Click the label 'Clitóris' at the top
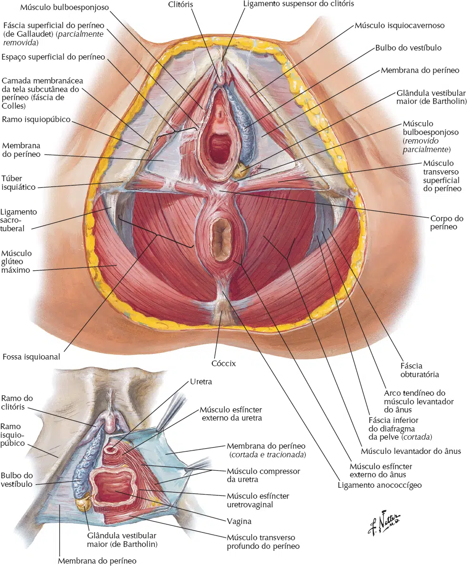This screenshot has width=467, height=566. pos(180,5)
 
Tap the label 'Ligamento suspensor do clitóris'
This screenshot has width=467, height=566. pos(298,4)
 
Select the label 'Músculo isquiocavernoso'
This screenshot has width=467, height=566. pos(399,26)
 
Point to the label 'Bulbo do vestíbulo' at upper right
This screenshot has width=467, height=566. pos(408,48)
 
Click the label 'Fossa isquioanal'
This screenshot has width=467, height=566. pos(31,357)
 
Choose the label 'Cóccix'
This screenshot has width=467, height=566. pos(223,363)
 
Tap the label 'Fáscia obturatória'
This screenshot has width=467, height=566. pos(420,370)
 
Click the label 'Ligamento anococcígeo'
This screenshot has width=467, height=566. pos(379,485)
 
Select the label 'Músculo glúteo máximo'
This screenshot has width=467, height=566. pos(17,262)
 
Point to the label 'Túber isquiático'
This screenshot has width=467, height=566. pos(19,183)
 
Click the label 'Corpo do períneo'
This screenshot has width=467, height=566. pos(447,223)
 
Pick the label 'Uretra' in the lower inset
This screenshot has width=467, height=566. pos(201,381)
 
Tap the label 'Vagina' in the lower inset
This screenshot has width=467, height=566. pos(239,521)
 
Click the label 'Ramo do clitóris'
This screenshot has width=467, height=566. pos(17,402)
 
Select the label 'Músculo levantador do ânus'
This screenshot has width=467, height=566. pos(411,451)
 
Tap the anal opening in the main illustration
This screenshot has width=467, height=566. pos(220,238)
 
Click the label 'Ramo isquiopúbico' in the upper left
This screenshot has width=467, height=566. pos(36,120)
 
